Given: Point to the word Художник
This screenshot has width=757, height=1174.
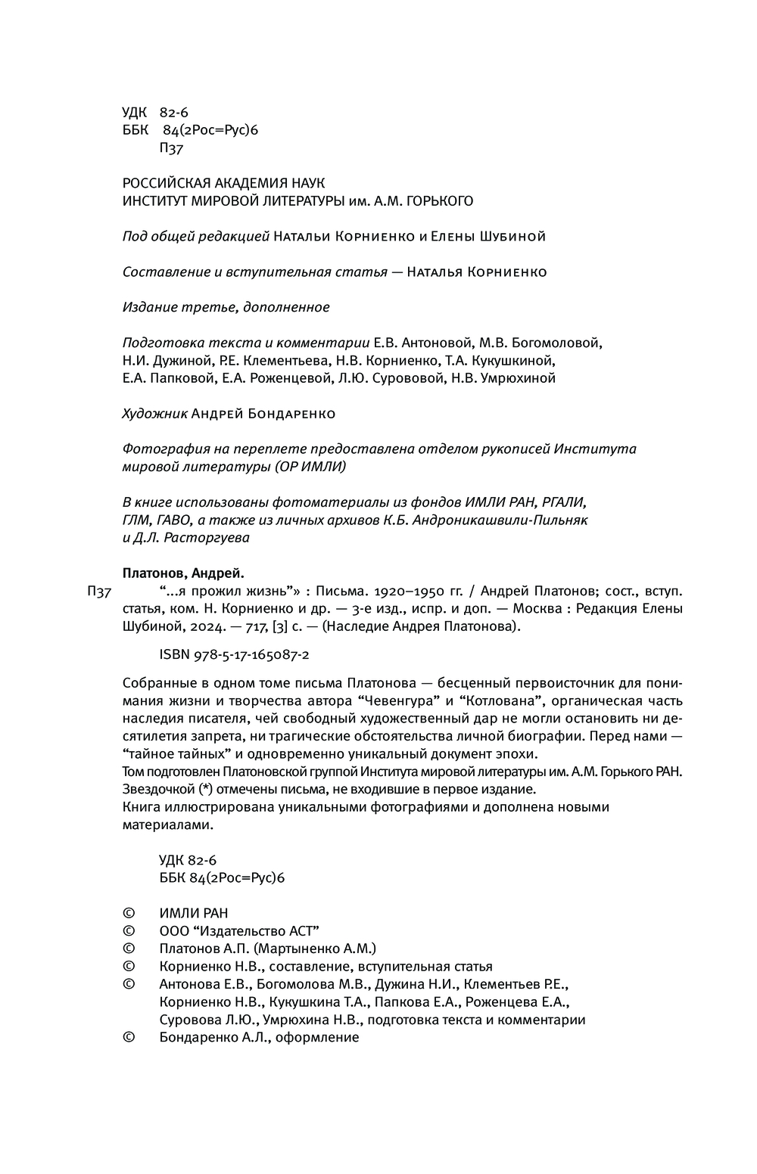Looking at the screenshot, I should point(154,414).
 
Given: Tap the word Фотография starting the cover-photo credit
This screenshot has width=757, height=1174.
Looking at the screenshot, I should point(158,449).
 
